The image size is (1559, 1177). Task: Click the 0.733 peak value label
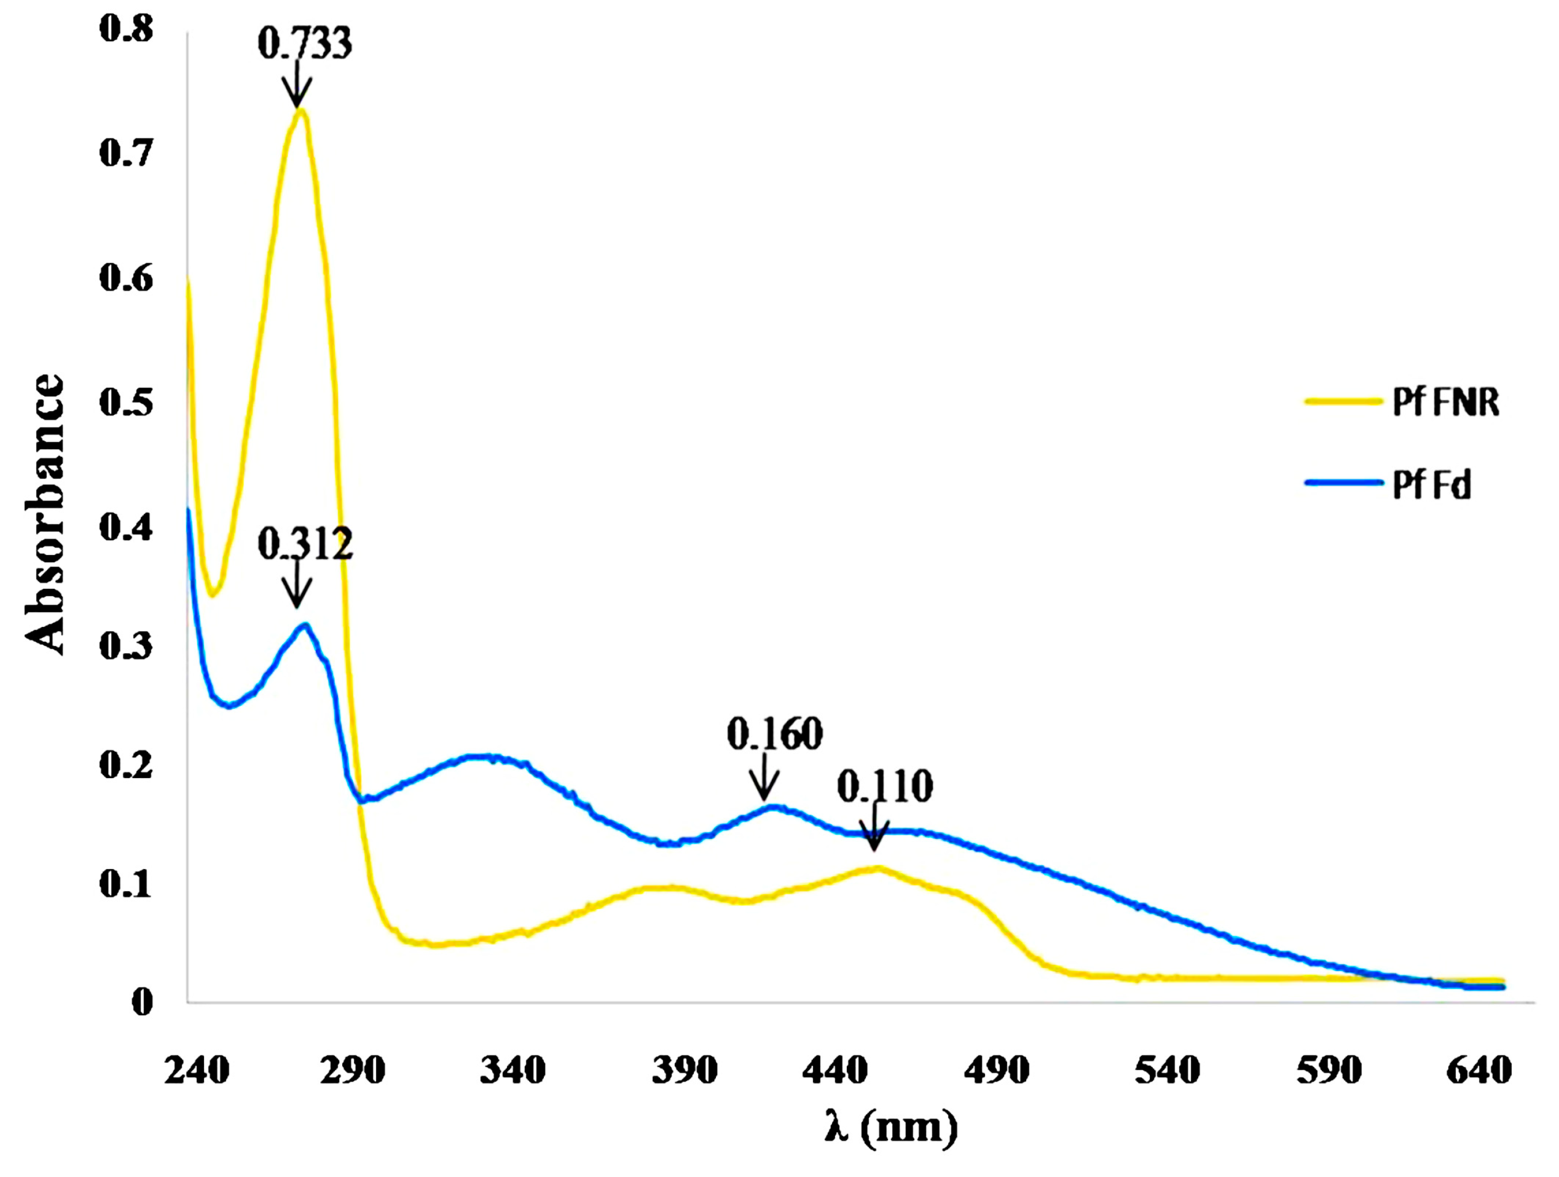click(304, 44)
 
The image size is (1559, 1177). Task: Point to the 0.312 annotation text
click(304, 544)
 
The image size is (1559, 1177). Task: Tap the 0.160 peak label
click(774, 734)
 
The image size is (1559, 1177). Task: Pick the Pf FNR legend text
click(1445, 403)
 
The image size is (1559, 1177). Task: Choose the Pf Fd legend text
click(1431, 485)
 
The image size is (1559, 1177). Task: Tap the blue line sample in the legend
click(1343, 482)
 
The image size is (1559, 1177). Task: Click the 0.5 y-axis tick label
click(125, 403)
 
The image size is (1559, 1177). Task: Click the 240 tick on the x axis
click(197, 1071)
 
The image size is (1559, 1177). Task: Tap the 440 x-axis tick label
click(834, 1071)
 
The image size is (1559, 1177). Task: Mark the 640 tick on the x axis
click(1478, 1071)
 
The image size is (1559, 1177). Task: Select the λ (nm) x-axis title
click(891, 1127)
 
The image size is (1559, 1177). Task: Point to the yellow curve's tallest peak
click(300, 110)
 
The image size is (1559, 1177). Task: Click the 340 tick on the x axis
click(512, 1071)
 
